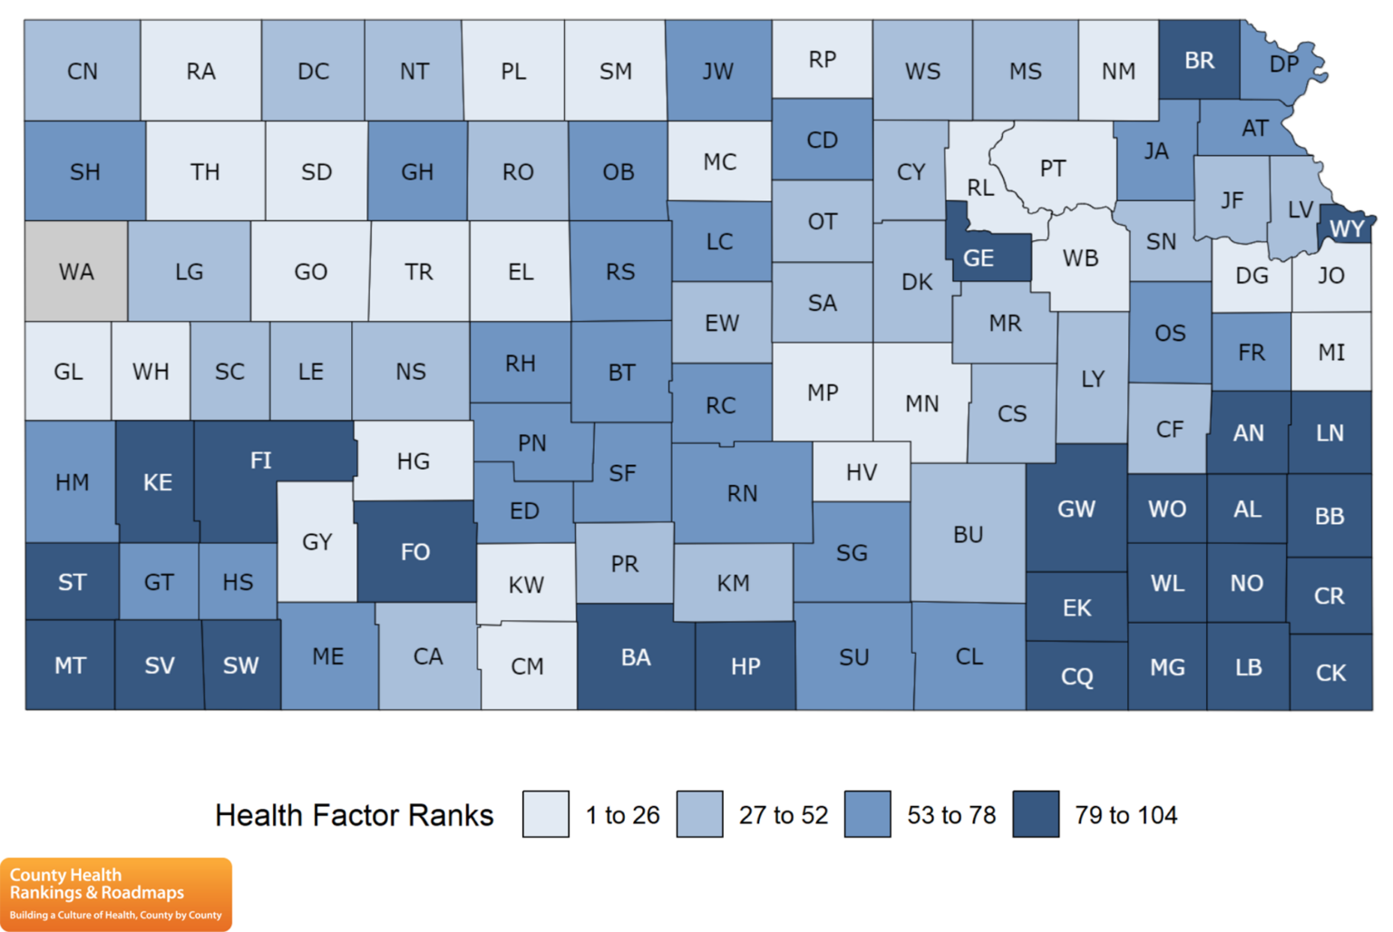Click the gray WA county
coord(76,271)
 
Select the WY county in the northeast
coord(1347,228)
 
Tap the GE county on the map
coord(979,257)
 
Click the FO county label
coord(415,551)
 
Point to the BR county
coord(1199,61)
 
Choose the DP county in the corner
coord(1282,64)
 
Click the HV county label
coord(862,471)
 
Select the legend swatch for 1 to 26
coord(546,814)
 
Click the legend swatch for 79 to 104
coord(1036,814)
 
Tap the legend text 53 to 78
coord(951,815)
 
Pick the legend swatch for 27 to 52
coord(700,814)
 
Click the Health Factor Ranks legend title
coord(354,815)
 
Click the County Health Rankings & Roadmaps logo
coord(116,894)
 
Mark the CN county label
coord(83,71)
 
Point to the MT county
coord(70,665)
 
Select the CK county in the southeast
coord(1330,673)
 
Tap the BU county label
coord(968,534)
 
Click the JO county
coord(1331,276)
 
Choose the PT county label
coord(1053,168)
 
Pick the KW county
coord(526,585)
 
